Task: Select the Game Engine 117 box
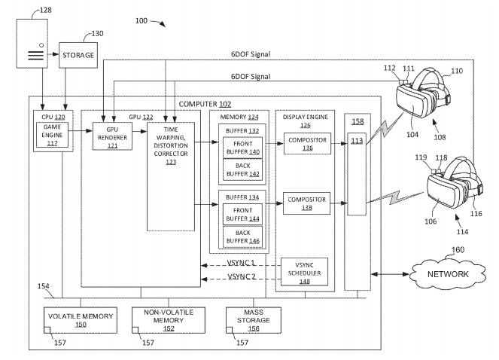(52, 135)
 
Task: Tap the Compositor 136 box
(306, 143)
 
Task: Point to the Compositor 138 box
(306, 203)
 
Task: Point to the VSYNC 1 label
(241, 263)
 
